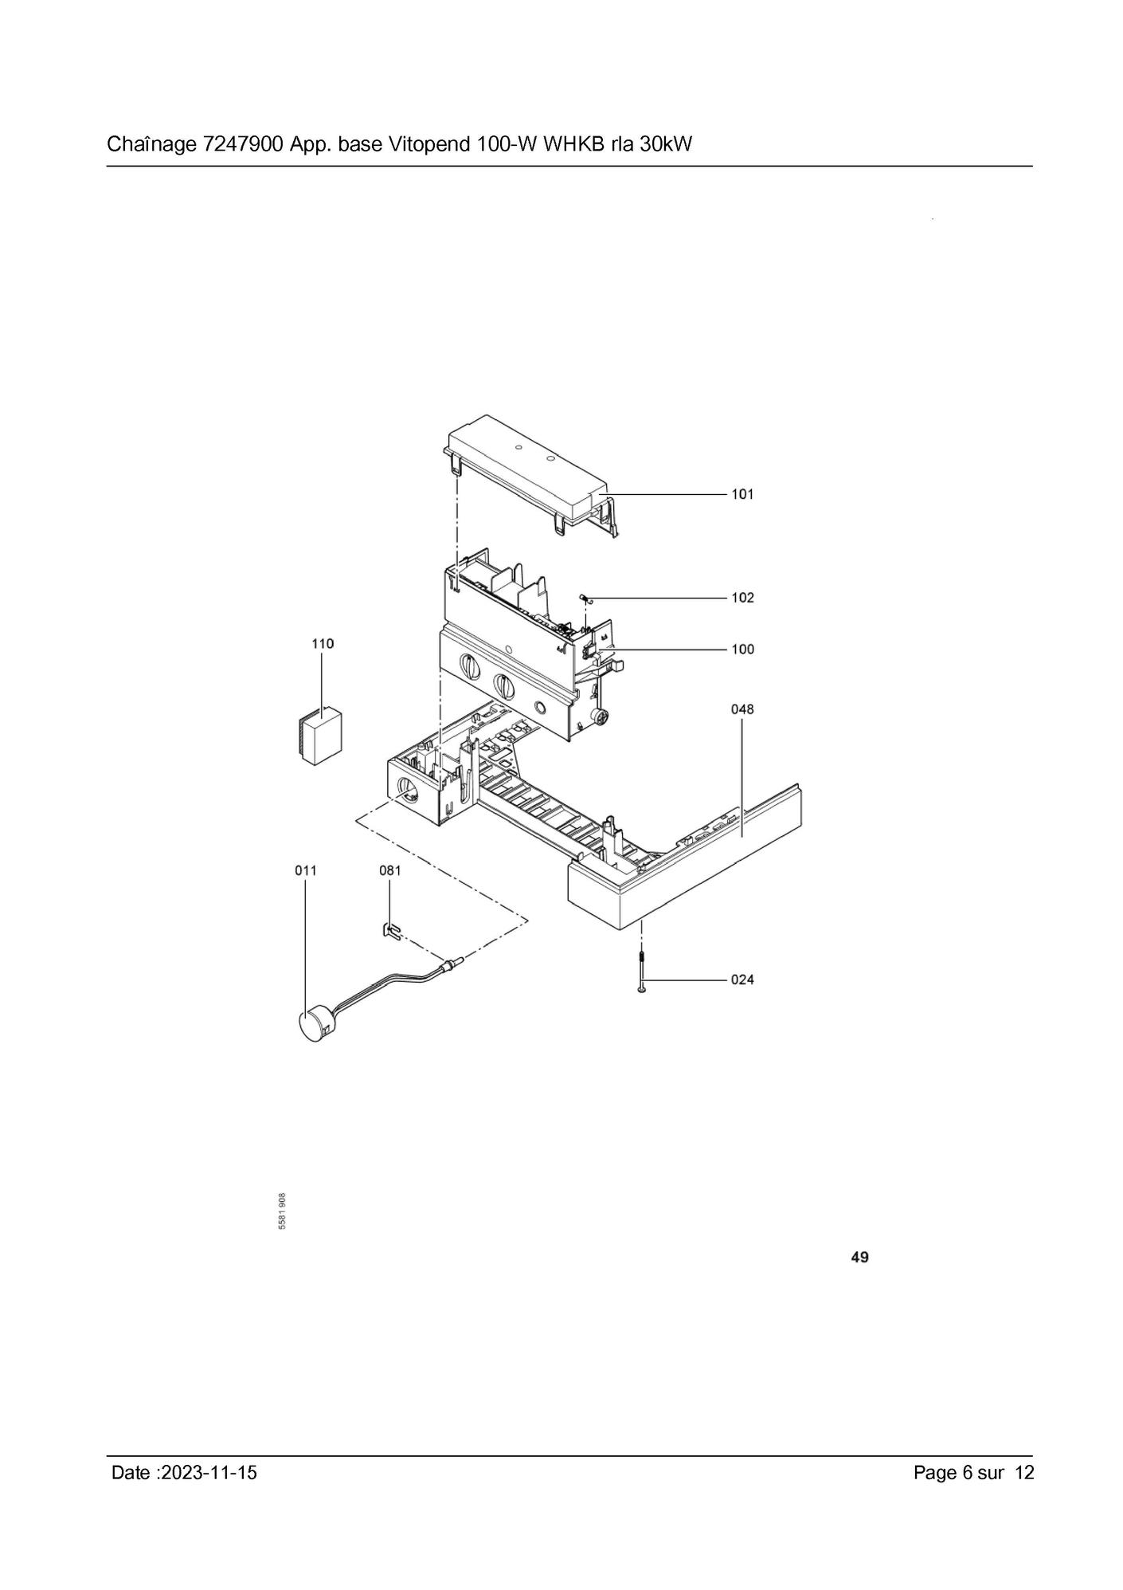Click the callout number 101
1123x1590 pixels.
click(x=742, y=494)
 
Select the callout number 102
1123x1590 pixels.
click(x=742, y=598)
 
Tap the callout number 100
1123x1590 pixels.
click(x=742, y=650)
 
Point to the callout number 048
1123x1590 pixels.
click(x=742, y=709)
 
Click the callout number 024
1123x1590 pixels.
click(x=742, y=980)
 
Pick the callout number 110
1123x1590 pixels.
click(x=323, y=644)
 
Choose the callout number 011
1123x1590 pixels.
click(x=306, y=870)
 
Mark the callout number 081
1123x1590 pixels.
click(x=390, y=870)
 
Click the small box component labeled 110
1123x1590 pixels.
click(x=322, y=736)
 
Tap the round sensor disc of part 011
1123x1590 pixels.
click(x=315, y=1025)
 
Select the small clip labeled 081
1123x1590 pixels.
click(x=389, y=929)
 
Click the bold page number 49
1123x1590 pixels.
click(x=859, y=1258)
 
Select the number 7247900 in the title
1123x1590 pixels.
click(x=238, y=145)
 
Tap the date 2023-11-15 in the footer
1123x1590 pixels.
click(x=209, y=1473)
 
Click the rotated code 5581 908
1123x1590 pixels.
click(x=283, y=1211)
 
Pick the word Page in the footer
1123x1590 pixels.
click(x=935, y=1473)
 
